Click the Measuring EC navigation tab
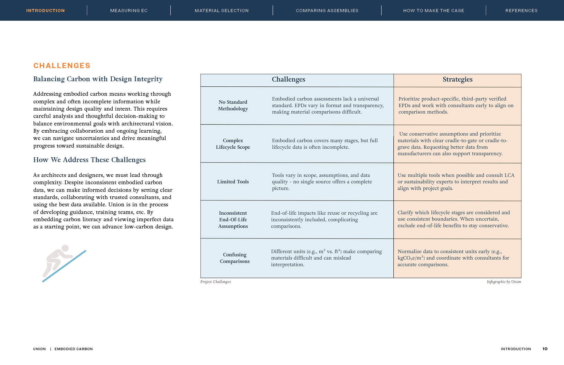tap(129, 11)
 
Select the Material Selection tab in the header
tap(222, 11)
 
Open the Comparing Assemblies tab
tap(327, 11)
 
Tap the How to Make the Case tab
tap(433, 11)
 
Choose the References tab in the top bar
tap(521, 11)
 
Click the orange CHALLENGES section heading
tap(62, 66)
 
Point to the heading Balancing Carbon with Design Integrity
tap(98, 79)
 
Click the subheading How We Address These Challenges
tap(89, 160)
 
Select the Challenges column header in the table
tap(288, 79)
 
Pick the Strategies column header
tap(457, 79)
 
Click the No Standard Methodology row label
tap(233, 105)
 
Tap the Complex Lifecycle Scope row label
tap(233, 144)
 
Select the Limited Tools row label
tap(233, 182)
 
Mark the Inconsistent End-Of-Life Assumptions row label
tap(233, 219)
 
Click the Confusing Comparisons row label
tap(235, 258)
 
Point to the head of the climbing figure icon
tap(65, 249)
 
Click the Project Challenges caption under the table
tap(215, 282)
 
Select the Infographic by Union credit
tap(504, 282)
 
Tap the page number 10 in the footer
tap(545, 349)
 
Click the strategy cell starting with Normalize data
tap(453, 258)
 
